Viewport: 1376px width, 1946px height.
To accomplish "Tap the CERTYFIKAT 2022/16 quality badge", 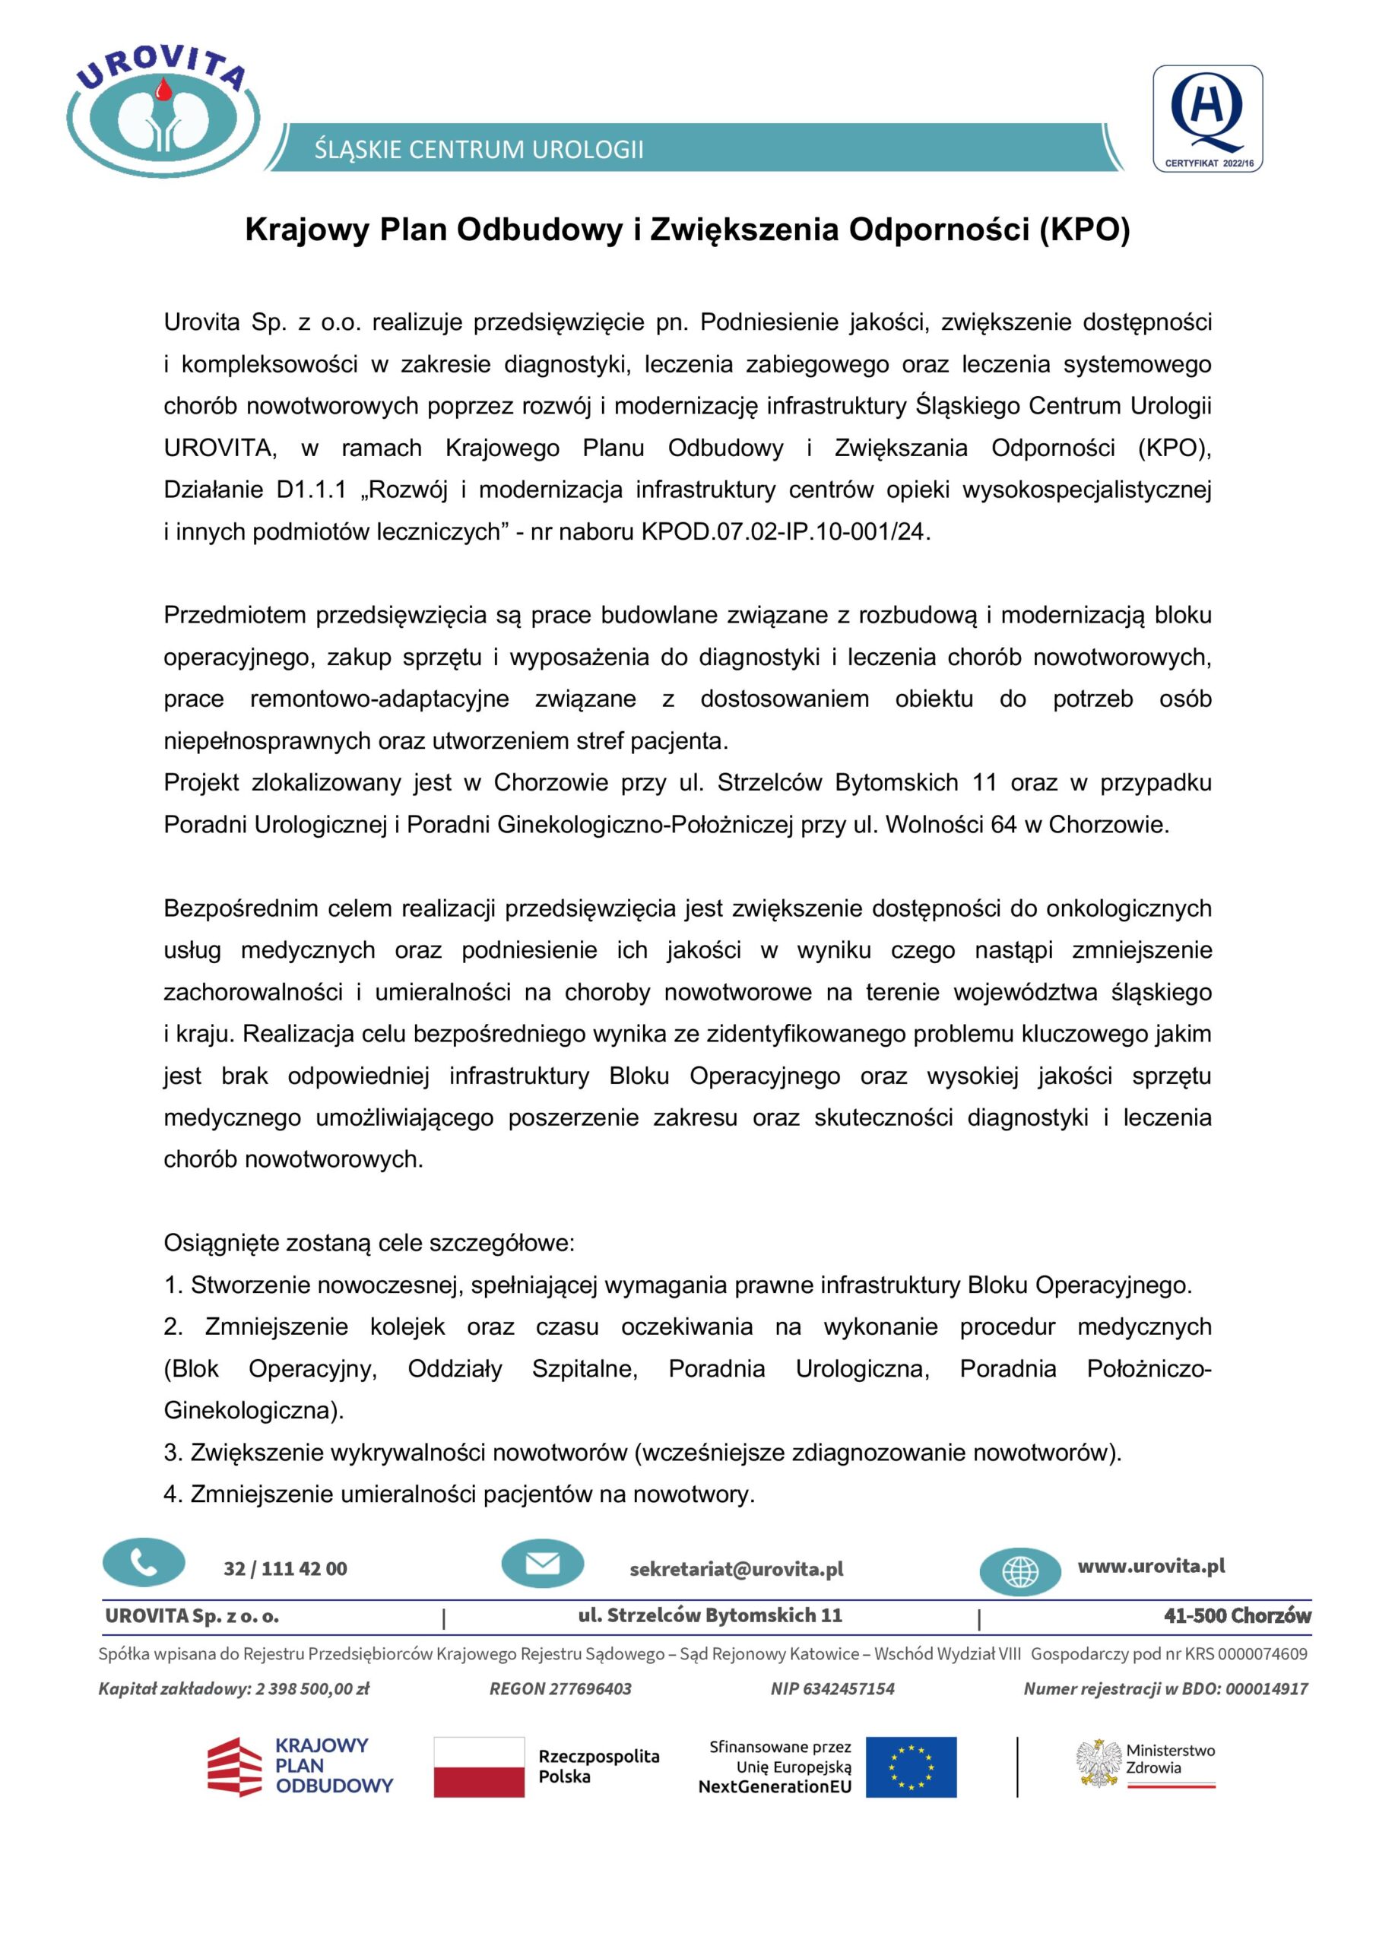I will (1207, 119).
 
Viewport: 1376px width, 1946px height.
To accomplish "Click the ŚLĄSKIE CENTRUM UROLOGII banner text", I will (479, 150).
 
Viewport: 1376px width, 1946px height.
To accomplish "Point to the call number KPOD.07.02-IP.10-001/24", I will (785, 531).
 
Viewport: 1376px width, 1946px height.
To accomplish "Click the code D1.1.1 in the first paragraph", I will (311, 490).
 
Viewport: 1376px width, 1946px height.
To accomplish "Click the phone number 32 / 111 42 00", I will (285, 1569).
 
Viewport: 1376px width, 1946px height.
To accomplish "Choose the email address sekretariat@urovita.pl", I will (736, 1569).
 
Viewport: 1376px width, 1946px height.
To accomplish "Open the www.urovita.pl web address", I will (1151, 1565).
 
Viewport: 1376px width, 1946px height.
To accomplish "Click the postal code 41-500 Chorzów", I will (1237, 1615).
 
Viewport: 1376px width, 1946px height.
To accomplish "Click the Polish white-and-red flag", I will (479, 1767).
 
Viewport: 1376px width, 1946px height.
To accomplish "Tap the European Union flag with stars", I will (911, 1767).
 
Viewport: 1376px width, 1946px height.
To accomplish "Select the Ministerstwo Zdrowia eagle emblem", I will (1099, 1763).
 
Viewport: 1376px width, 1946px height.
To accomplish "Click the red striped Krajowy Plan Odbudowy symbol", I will (235, 1767).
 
